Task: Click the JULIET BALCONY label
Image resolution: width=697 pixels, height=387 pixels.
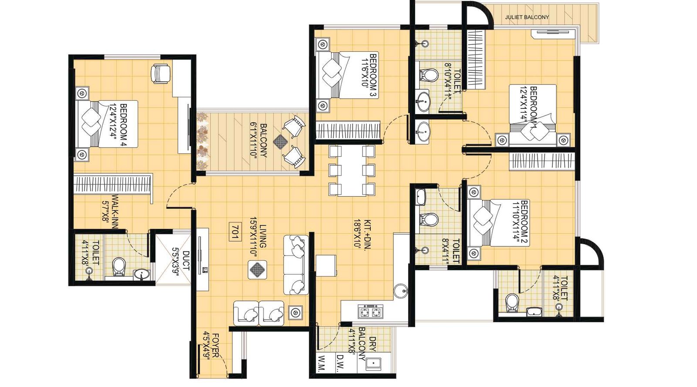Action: [527, 17]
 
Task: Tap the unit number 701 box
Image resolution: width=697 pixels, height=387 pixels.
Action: [235, 232]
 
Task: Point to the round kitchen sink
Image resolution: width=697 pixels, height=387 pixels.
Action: [400, 291]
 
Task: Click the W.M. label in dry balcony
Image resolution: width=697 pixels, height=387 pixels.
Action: [322, 363]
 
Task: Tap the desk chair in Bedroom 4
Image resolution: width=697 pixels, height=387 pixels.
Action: [160, 73]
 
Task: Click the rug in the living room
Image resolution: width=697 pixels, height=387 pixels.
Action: [257, 269]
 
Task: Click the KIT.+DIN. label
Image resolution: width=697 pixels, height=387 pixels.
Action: [361, 233]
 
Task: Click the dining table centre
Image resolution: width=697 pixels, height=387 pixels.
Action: [352, 170]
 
